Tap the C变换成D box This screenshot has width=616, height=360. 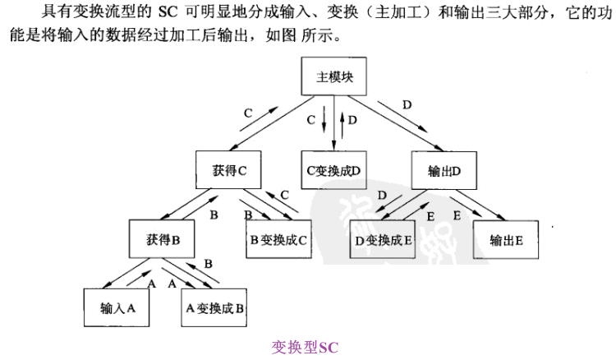333,169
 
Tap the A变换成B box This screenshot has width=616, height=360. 214,309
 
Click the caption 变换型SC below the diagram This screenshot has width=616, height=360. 304,346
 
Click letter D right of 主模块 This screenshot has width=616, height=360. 407,104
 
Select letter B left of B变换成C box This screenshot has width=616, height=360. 214,215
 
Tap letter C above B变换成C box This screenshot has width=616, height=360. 284,194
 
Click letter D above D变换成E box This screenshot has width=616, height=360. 384,195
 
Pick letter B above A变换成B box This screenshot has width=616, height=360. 208,263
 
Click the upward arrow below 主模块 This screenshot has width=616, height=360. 342,124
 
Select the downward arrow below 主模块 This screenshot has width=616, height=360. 324,124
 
